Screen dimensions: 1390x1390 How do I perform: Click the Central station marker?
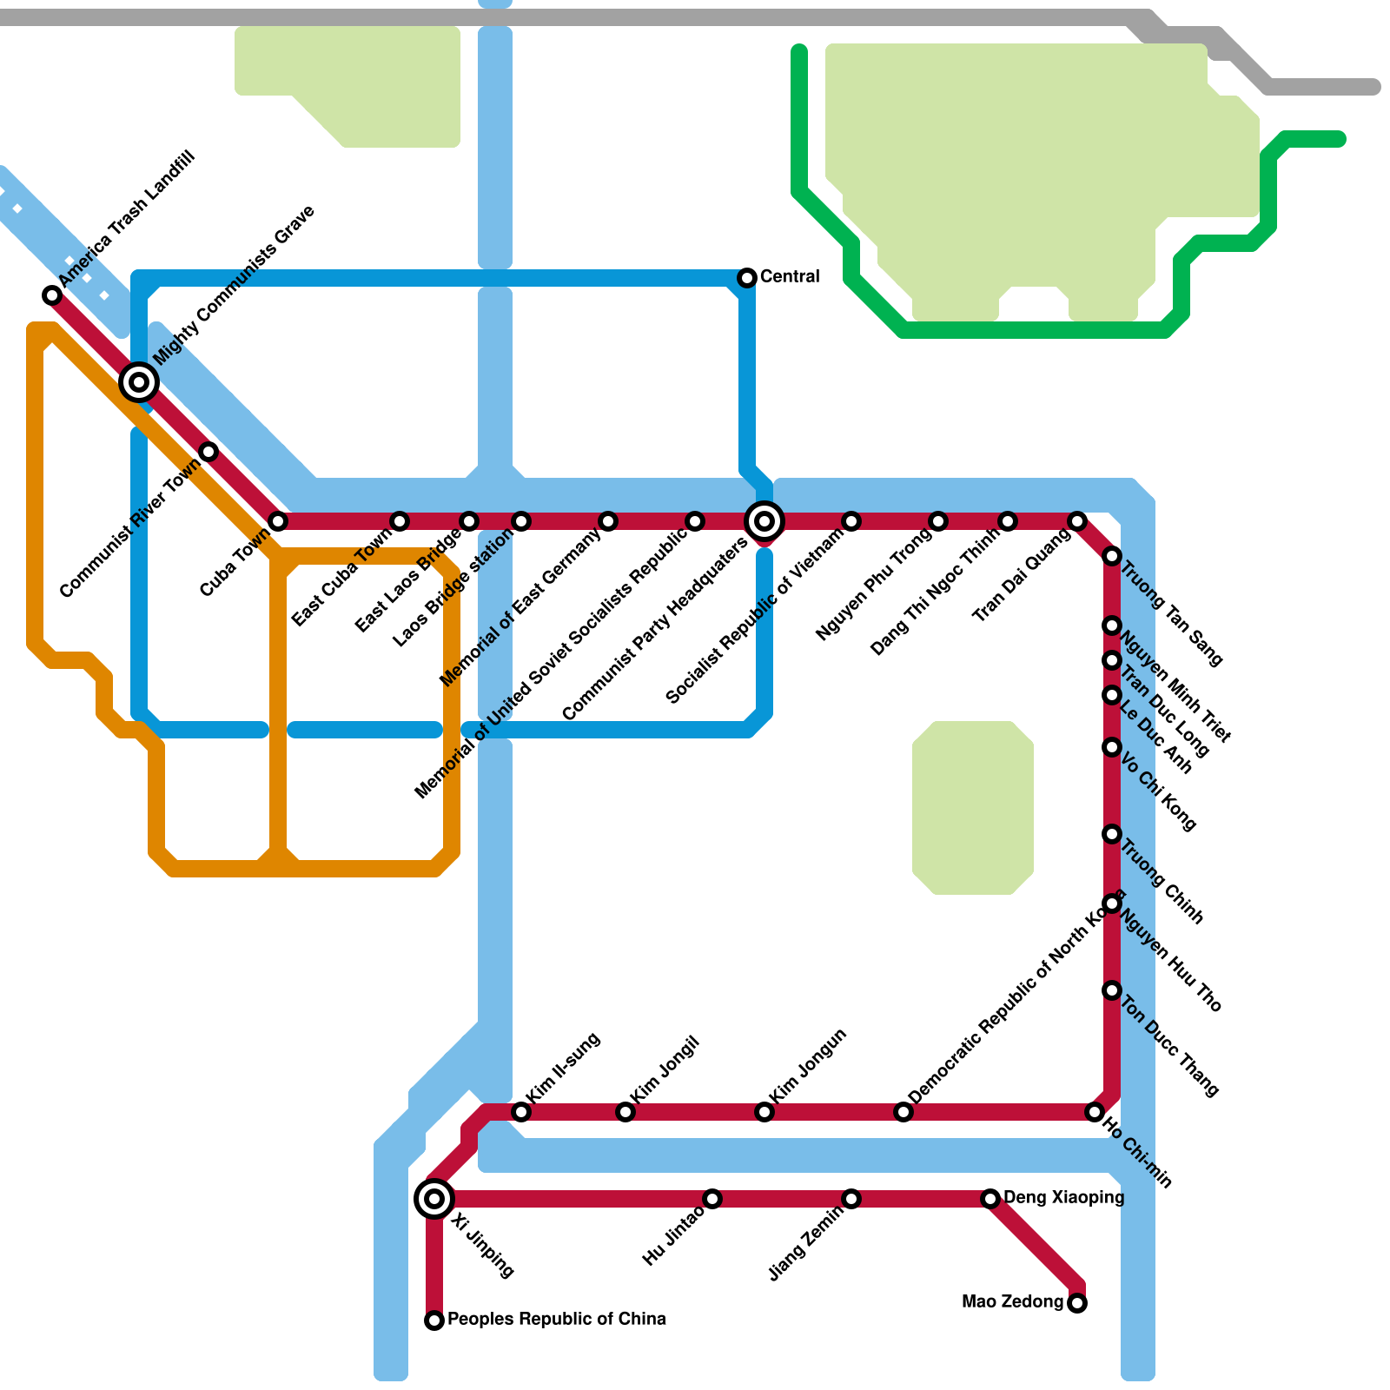[x=747, y=278]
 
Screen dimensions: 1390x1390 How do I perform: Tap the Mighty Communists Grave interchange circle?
[x=139, y=381]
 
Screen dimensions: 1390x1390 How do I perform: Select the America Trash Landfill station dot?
[x=52, y=295]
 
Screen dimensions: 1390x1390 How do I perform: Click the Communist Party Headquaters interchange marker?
[x=764, y=521]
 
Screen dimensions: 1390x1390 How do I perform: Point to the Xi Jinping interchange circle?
[x=434, y=1199]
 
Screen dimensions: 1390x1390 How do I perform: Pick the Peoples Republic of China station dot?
[x=434, y=1320]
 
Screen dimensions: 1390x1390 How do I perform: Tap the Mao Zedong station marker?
[x=1077, y=1303]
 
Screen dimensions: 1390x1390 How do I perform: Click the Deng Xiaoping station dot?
[x=990, y=1199]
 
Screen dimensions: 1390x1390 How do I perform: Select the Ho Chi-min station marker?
[x=1095, y=1112]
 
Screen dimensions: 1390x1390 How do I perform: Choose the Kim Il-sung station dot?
[x=521, y=1112]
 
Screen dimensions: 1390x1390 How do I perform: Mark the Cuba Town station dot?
[x=278, y=521]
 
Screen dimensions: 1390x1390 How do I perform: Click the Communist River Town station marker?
[x=208, y=451]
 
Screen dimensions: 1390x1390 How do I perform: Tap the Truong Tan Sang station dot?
[x=1112, y=556]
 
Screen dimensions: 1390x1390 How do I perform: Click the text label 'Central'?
[x=790, y=277]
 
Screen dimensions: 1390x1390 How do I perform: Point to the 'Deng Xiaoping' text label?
[x=1063, y=1198]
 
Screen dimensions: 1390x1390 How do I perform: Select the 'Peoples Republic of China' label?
[x=557, y=1320]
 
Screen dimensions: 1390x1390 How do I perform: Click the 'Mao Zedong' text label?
[x=1013, y=1302]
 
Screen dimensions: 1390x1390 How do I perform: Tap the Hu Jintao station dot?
[x=712, y=1199]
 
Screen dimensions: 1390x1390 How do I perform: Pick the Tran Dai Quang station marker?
[x=1077, y=521]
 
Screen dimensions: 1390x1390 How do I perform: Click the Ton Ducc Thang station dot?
[x=1112, y=990]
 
